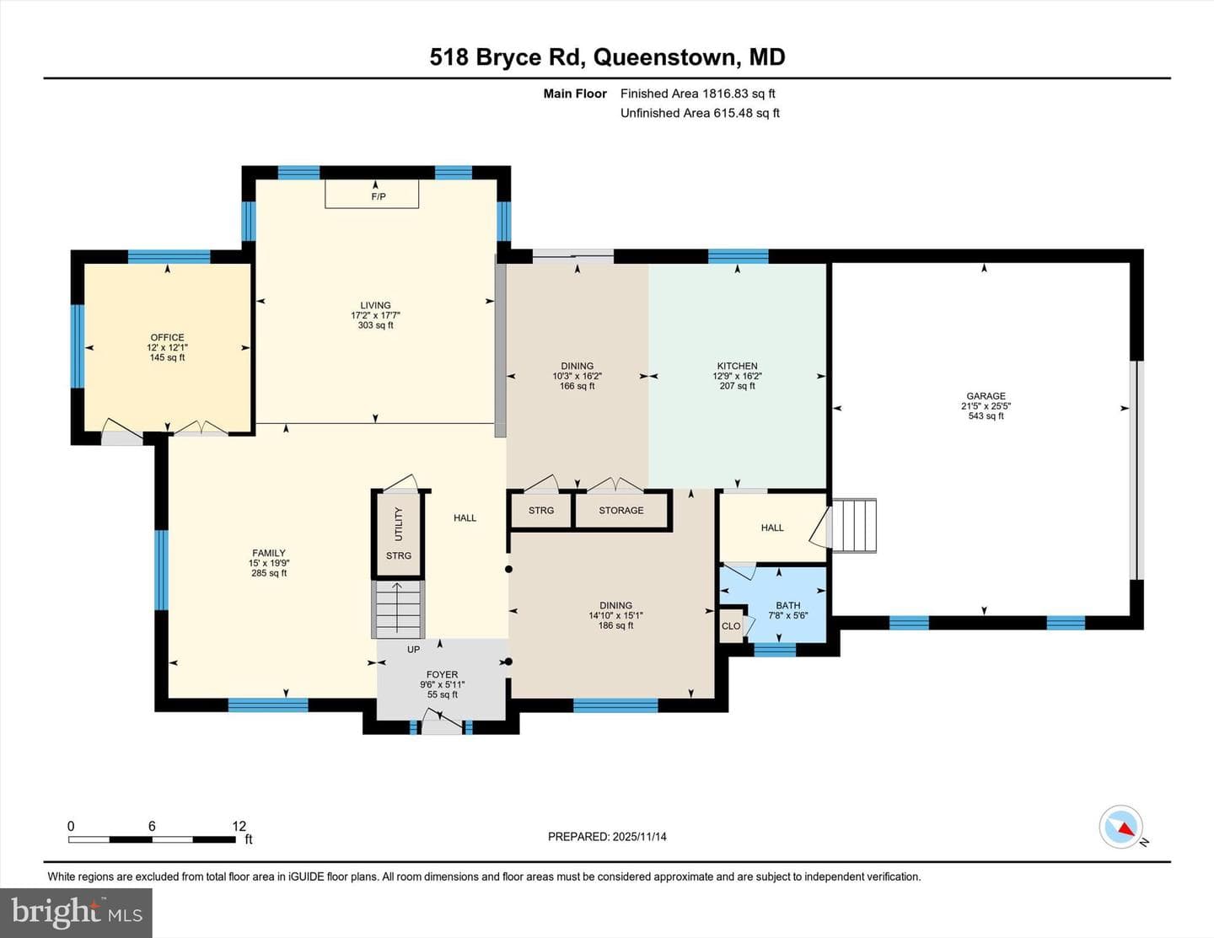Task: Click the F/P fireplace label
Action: tap(379, 196)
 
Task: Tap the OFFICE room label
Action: tap(167, 337)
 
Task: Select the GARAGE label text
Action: tap(986, 396)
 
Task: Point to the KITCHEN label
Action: tap(737, 366)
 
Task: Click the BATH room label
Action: tap(787, 605)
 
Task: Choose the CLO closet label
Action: tap(731, 626)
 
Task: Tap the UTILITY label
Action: tap(398, 523)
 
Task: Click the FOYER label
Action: tap(442, 674)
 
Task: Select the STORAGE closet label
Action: tap(620, 511)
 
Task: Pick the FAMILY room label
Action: tap(269, 553)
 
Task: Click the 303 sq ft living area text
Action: tap(375, 325)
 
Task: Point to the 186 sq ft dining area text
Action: tap(615, 625)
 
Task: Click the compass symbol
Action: tap(1120, 827)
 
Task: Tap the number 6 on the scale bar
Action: tap(152, 826)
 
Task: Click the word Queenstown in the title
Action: tap(665, 57)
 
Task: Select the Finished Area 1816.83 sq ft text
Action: tap(698, 94)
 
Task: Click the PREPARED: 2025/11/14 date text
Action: tap(607, 836)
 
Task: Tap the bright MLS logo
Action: tap(76, 913)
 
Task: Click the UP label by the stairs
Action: tap(413, 649)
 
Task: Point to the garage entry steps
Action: tap(854, 525)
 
